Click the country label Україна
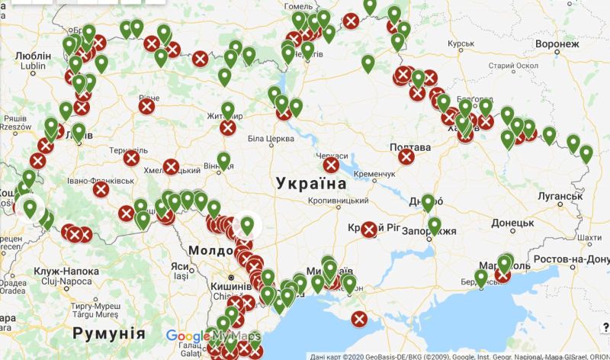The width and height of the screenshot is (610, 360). click(312, 184)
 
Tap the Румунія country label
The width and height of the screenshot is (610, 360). click(109, 333)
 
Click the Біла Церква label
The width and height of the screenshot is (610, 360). click(271, 139)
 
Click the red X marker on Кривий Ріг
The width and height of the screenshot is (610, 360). click(369, 230)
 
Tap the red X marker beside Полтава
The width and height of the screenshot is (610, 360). click(407, 157)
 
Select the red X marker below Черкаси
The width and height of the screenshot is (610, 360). click(331, 166)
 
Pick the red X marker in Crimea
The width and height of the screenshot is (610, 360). click(358, 319)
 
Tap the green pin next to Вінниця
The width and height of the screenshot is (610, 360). click(223, 159)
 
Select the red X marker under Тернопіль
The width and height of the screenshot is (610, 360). click(132, 159)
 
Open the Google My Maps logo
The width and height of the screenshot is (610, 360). click(213, 336)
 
